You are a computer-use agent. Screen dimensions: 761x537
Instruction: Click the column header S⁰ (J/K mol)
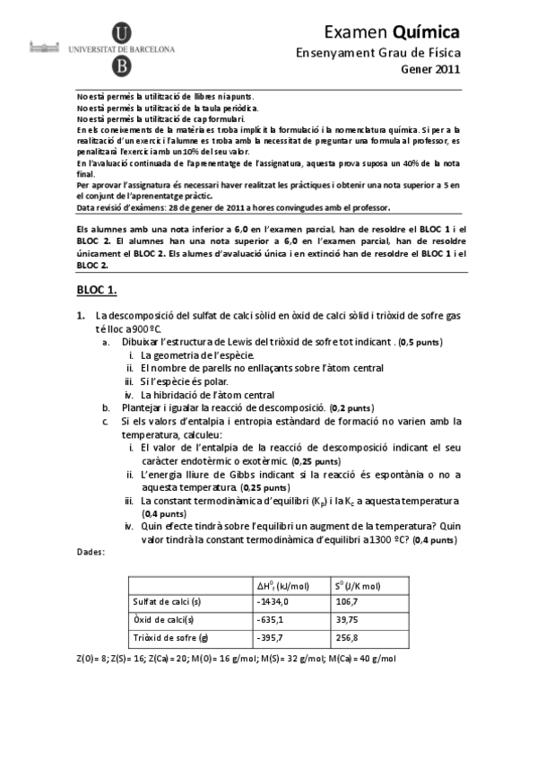coord(356,585)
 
